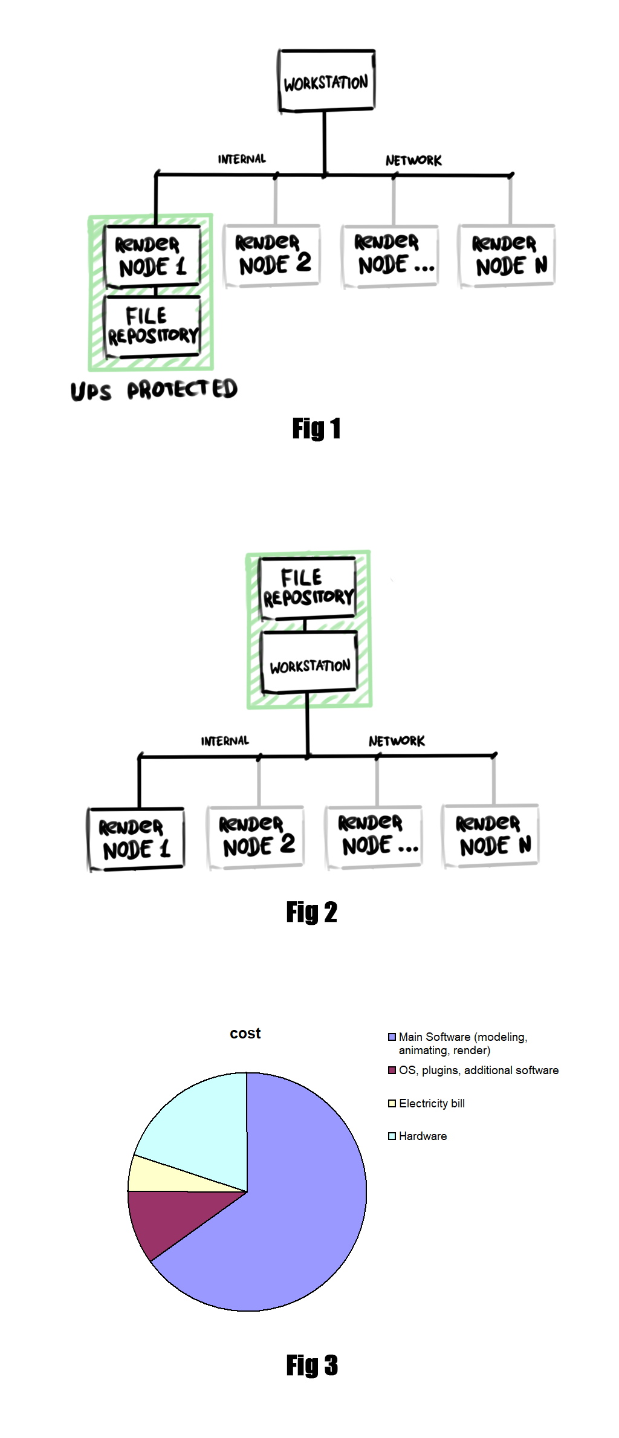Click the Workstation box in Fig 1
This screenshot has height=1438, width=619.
[x=326, y=82]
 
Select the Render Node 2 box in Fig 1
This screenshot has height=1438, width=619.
[x=272, y=256]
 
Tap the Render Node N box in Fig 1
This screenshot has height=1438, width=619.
[x=507, y=256]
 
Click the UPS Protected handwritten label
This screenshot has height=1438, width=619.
[x=154, y=390]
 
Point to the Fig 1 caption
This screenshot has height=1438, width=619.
[x=316, y=429]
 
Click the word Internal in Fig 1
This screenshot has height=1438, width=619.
[x=242, y=160]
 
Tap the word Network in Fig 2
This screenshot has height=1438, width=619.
[x=397, y=741]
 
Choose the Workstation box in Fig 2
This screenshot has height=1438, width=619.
[x=309, y=663]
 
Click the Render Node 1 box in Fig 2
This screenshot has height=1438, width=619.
[x=136, y=839]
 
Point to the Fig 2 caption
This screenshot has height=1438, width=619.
[x=311, y=912]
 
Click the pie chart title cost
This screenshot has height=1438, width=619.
[x=245, y=1034]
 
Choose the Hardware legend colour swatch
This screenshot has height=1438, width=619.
[x=392, y=1136]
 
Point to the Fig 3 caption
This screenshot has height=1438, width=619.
[x=311, y=1365]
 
